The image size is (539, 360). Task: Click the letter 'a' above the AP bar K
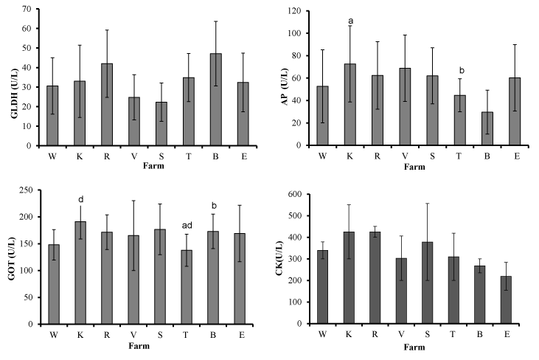(x=350, y=20)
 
